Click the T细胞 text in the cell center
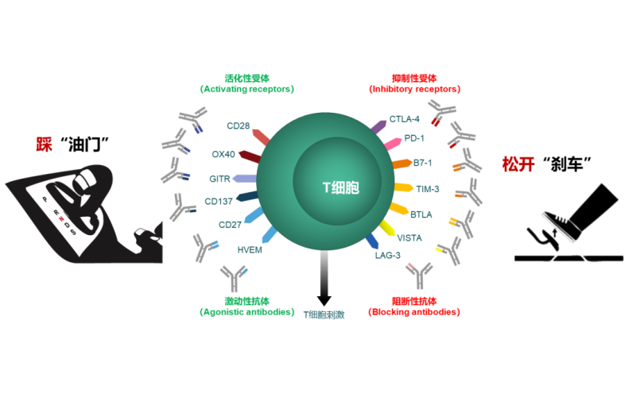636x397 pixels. click(x=340, y=188)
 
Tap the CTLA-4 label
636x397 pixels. click(x=405, y=119)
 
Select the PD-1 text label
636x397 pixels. click(x=414, y=138)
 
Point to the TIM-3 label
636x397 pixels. click(x=428, y=189)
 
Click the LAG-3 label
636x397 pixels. click(x=388, y=255)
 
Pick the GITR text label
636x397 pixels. click(x=219, y=179)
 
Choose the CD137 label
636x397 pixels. click(x=219, y=202)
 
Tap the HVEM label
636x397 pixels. click(x=250, y=249)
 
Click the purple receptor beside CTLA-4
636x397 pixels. click(x=379, y=125)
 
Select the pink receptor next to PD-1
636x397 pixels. click(x=393, y=144)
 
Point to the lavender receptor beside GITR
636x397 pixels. click(x=243, y=179)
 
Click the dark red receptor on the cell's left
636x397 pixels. click(x=249, y=156)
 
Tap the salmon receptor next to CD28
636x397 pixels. click(x=260, y=137)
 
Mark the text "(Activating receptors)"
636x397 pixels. click(x=246, y=90)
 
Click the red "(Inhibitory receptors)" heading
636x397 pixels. click(x=414, y=90)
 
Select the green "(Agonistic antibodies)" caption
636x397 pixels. click(x=246, y=312)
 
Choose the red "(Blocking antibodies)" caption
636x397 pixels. click(x=413, y=312)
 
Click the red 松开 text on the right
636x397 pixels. click(x=518, y=164)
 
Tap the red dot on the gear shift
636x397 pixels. click(x=61, y=218)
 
